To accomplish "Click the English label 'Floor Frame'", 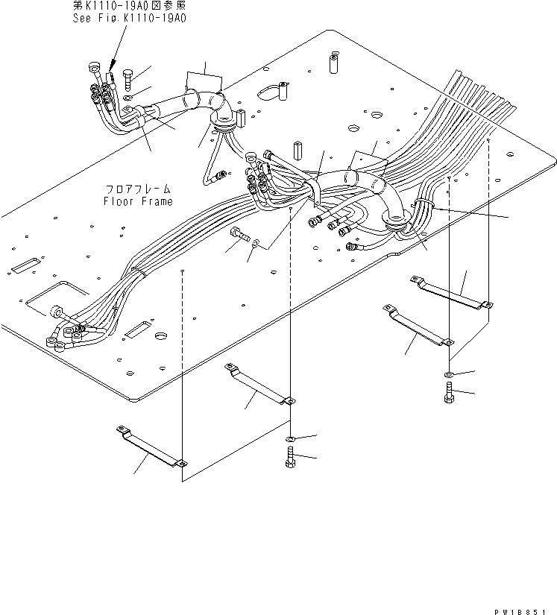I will (138, 201).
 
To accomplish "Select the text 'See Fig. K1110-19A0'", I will (128, 19).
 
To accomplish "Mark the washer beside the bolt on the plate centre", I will (256, 242).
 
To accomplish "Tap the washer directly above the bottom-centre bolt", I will (291, 438).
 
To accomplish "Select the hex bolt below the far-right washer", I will (448, 392).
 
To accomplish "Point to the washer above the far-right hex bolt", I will (448, 373).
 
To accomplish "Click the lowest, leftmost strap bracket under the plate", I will (151, 447).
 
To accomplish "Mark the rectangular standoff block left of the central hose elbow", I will (296, 150).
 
